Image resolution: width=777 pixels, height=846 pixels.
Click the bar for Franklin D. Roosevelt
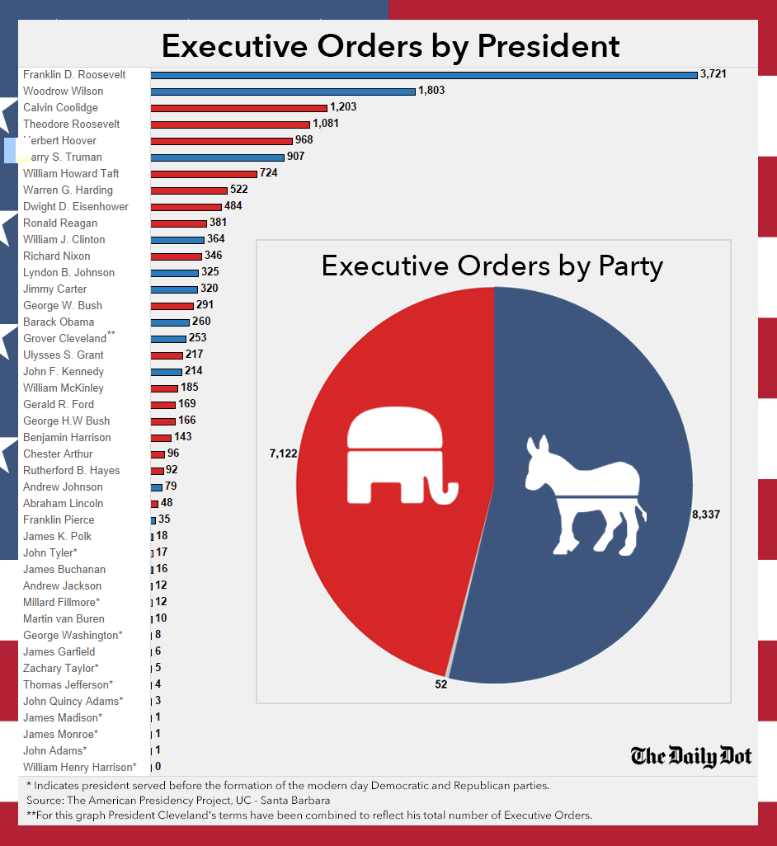(423, 75)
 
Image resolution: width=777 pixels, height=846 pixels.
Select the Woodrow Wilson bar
(283, 92)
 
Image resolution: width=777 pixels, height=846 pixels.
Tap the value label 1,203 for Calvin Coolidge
(343, 107)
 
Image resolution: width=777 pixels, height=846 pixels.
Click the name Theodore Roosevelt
(71, 124)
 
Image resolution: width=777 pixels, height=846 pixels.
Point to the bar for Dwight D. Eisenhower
(186, 207)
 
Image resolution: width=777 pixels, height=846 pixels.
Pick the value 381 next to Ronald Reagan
(218, 223)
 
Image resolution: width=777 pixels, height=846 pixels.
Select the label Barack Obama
(59, 322)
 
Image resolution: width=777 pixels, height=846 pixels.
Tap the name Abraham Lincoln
(63, 503)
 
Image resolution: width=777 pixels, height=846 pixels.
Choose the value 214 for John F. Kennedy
(194, 371)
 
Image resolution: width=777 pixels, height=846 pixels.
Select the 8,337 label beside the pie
(706, 514)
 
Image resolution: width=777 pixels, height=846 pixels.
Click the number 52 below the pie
(441, 684)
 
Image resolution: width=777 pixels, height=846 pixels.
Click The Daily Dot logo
(691, 755)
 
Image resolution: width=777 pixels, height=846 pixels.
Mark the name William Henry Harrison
(79, 767)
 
